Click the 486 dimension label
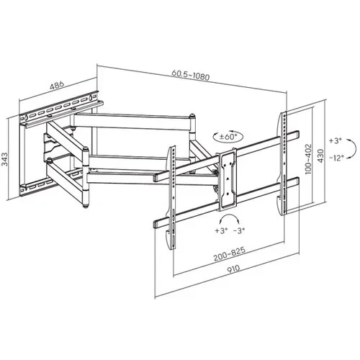(x=57, y=85)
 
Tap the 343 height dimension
(x=5, y=159)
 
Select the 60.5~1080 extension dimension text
(x=191, y=75)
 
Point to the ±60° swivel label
(x=228, y=137)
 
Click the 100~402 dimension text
(x=308, y=158)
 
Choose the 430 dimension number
(x=320, y=156)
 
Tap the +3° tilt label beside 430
(x=336, y=140)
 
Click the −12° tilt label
(x=336, y=158)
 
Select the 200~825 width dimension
(x=230, y=253)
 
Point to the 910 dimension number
(x=233, y=269)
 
